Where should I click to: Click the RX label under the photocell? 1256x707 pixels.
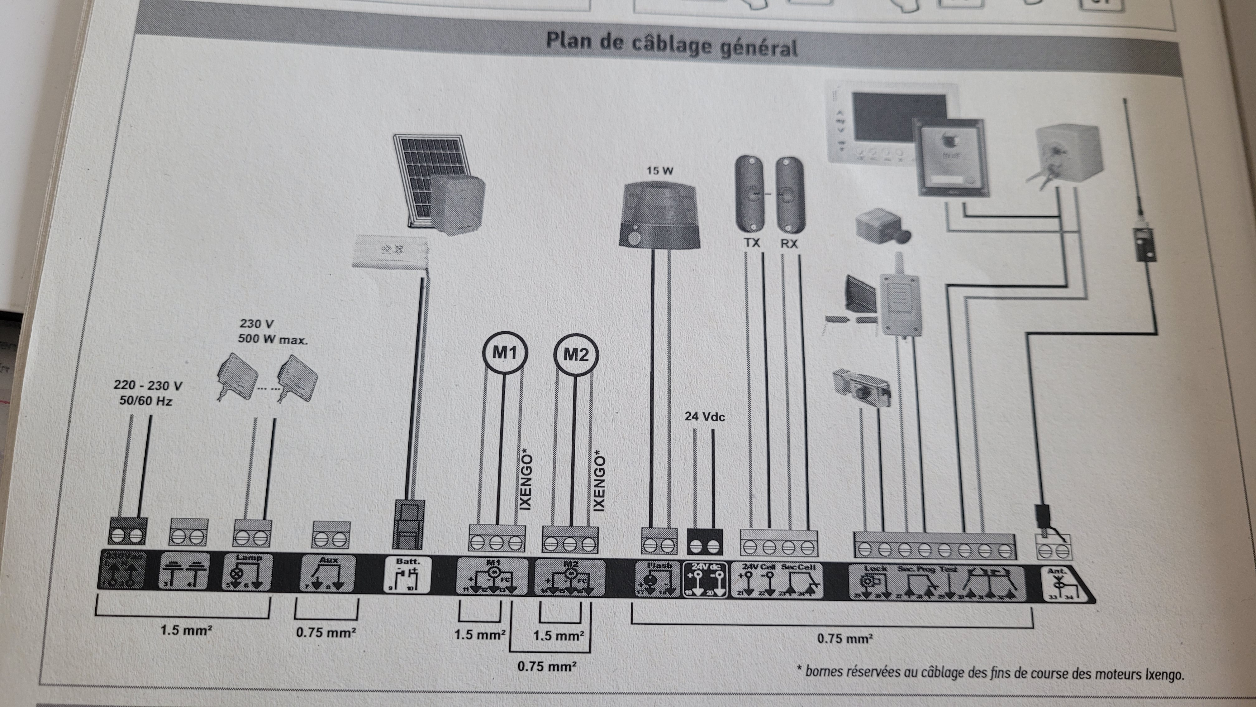click(x=789, y=243)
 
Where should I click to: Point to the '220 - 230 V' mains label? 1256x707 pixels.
click(x=148, y=386)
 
